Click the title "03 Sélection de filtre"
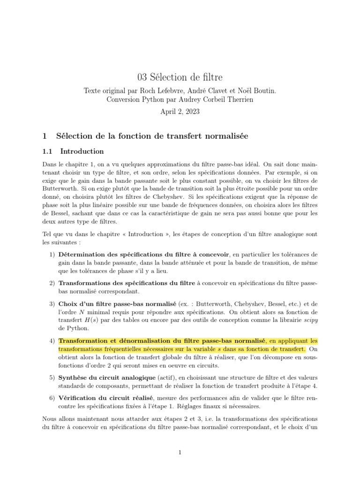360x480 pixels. (x=180, y=77)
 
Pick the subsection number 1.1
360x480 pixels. (x=49, y=151)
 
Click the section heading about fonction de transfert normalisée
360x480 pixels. (x=151, y=136)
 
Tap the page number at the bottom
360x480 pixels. (x=180, y=452)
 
